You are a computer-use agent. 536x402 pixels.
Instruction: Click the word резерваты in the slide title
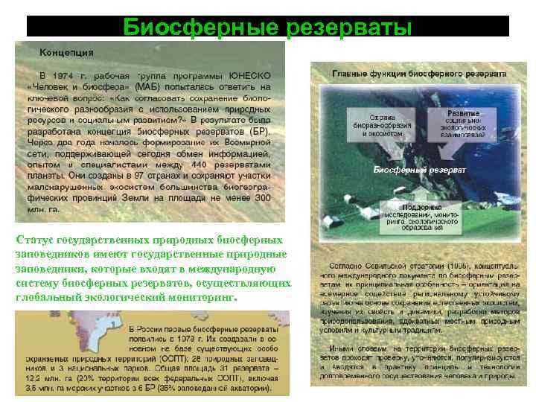[x=347, y=28]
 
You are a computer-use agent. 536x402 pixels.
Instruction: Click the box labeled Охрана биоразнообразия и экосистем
[x=380, y=125]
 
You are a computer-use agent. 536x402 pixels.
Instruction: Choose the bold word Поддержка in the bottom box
[x=419, y=207]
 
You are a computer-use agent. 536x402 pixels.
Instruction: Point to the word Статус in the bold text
[x=34, y=240]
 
